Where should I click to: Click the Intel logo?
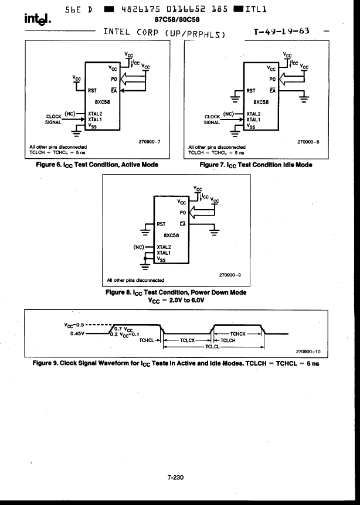38,19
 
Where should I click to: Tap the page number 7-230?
175,477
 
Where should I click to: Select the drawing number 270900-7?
150,141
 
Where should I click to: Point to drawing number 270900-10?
308,352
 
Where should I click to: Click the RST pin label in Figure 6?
92,91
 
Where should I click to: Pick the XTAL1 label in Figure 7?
253,120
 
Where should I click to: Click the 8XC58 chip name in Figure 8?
171,235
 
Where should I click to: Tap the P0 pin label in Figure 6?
114,79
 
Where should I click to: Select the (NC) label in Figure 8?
138,247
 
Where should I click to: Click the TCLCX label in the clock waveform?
187,340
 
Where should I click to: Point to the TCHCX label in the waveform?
238,334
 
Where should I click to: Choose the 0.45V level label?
77,333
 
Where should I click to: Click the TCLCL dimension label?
212,347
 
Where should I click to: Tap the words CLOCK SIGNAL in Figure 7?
212,120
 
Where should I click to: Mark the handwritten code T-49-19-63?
281,31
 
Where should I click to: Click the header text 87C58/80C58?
177,20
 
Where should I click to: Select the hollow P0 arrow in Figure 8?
202,212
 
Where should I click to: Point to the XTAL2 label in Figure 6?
95,114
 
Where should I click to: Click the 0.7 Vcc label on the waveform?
124,329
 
